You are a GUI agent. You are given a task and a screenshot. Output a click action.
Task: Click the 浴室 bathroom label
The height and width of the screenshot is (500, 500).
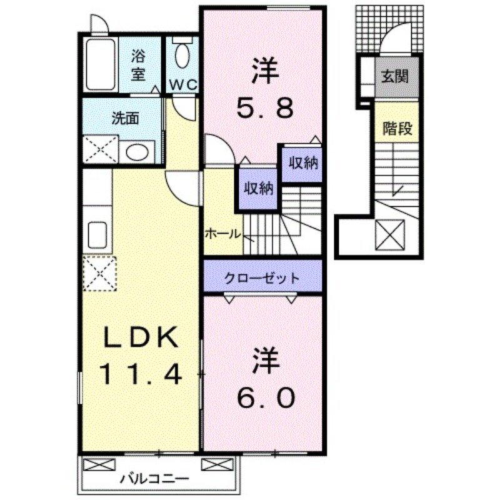click(x=138, y=65)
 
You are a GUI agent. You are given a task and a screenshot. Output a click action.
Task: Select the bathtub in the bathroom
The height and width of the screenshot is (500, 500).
click(x=100, y=65)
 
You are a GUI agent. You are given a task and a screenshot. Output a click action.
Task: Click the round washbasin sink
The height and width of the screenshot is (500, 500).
click(x=136, y=151)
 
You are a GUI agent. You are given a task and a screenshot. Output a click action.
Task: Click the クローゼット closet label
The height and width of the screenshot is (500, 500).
click(x=262, y=277)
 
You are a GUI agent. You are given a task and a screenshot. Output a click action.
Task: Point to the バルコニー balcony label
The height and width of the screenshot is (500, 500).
click(x=154, y=479)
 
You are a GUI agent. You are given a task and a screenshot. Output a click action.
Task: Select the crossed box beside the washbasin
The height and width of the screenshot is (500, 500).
click(x=100, y=151)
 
